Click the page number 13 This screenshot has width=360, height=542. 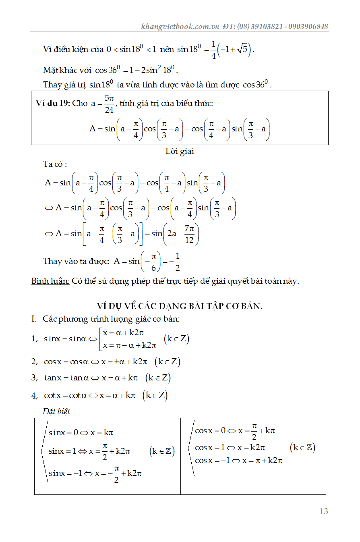(323, 511)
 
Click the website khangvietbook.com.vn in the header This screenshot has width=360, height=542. (180, 27)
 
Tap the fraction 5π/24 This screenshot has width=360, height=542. (109, 104)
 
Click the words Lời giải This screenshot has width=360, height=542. (180, 152)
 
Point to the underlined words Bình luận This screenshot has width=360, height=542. (50, 281)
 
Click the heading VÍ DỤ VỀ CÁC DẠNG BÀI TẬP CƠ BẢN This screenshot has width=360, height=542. (180, 306)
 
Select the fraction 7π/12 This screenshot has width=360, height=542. (189, 234)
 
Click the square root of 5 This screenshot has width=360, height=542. (243, 50)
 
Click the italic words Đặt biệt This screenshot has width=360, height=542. (56, 411)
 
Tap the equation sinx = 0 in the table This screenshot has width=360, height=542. (63, 433)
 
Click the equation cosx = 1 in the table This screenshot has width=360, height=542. (210, 448)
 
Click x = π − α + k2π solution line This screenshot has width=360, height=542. (129, 345)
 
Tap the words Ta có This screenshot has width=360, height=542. (55, 164)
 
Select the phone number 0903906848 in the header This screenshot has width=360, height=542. (308, 27)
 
